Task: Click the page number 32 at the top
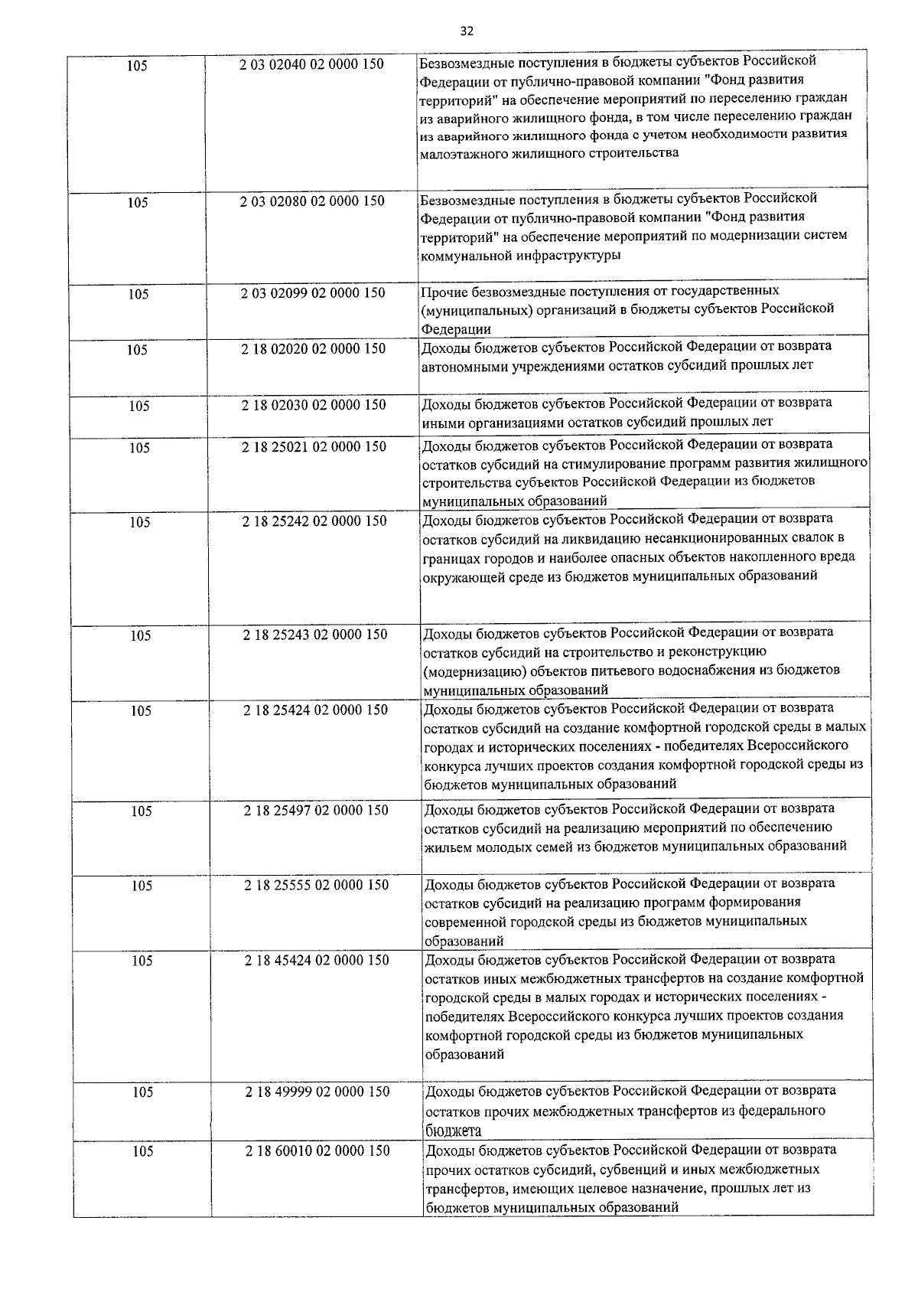click(x=467, y=31)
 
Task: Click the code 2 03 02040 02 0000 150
click(x=311, y=65)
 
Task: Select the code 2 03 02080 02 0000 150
click(x=312, y=201)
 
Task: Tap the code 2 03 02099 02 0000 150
click(x=313, y=293)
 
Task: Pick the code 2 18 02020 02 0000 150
click(x=314, y=349)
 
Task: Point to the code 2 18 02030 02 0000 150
click(x=314, y=406)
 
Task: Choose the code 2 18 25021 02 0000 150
click(x=314, y=447)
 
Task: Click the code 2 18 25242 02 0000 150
click(x=314, y=522)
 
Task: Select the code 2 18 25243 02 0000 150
click(x=315, y=635)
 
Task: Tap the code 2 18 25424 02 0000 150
click(x=316, y=710)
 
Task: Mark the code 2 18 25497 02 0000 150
click(x=316, y=811)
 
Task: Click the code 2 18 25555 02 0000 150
click(x=317, y=886)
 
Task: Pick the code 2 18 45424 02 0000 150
click(x=317, y=961)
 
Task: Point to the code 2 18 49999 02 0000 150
click(x=317, y=1092)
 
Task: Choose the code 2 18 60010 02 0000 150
click(x=317, y=1151)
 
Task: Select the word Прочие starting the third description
click(x=442, y=292)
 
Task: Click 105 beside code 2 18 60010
click(x=142, y=1152)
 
